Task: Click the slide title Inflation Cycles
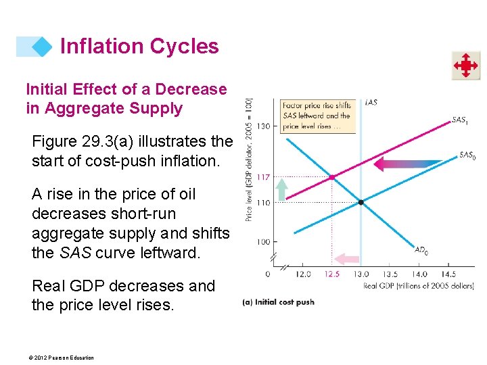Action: tap(139, 46)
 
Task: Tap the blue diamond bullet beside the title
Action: tap(43, 46)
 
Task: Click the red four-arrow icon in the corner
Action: tap(466, 66)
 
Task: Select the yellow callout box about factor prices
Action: tap(317, 116)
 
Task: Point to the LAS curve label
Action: tap(371, 102)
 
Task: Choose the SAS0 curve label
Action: tap(466, 155)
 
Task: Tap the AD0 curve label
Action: tap(421, 250)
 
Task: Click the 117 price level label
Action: tap(263, 177)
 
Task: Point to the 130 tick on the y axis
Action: tap(263, 126)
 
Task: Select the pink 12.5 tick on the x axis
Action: tap(331, 274)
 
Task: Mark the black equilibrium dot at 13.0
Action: tap(361, 202)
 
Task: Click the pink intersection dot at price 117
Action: tap(331, 177)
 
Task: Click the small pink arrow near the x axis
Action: tap(348, 258)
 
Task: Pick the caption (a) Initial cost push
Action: tap(278, 302)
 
